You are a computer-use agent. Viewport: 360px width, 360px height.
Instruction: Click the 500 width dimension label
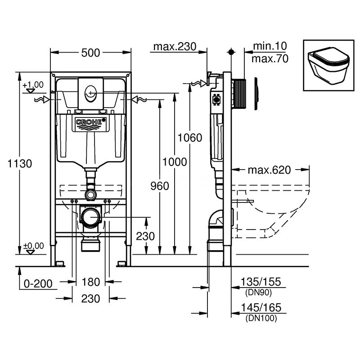(90, 53)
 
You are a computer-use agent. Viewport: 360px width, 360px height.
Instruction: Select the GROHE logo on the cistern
(91, 122)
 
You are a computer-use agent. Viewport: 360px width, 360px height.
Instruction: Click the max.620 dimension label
(269, 170)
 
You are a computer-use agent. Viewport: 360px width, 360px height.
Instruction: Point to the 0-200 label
(36, 283)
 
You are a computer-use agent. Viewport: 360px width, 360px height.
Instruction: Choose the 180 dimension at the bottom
(90, 282)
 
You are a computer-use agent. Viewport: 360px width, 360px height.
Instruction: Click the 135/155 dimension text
(261, 282)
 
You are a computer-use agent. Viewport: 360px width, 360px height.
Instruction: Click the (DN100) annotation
(261, 318)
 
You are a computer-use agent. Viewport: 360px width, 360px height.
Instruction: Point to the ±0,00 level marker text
(33, 246)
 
